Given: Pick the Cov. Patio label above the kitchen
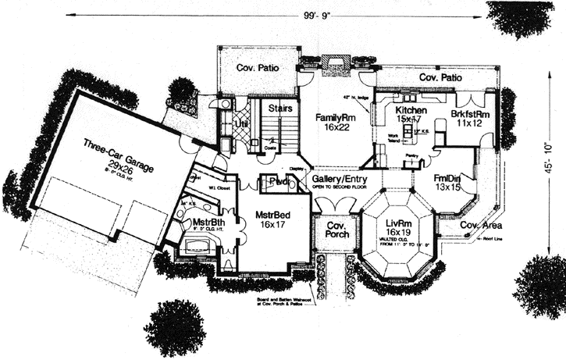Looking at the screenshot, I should (x=440, y=78).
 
